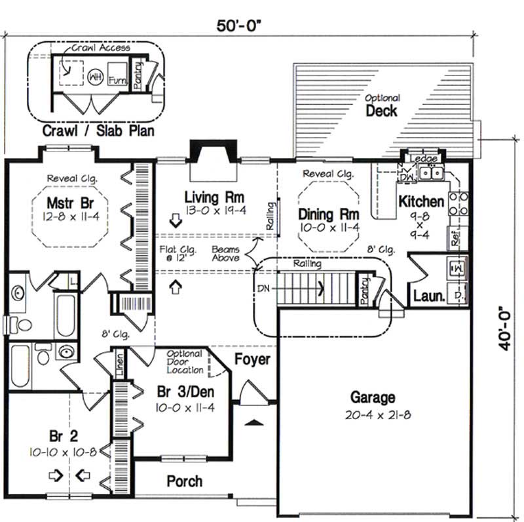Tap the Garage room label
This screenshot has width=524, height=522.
click(x=372, y=397)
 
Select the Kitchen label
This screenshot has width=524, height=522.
click(x=422, y=201)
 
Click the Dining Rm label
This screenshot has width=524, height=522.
click(x=328, y=214)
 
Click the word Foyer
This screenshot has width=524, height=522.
click(x=252, y=359)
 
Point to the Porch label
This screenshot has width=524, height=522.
click(x=184, y=481)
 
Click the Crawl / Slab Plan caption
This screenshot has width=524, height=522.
click(x=98, y=130)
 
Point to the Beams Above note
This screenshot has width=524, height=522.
click(x=225, y=254)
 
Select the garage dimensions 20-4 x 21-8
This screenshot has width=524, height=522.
click(x=372, y=415)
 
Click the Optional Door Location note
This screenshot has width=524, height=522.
click(x=185, y=362)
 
